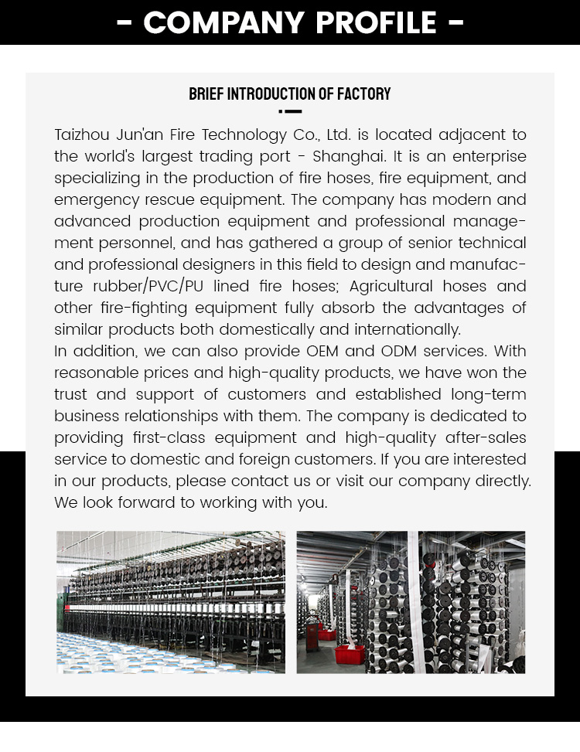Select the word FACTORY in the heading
364,94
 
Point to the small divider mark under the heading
290,112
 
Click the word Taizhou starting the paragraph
81,134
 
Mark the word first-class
165,437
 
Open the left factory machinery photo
170,602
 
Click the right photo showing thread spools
411,602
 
